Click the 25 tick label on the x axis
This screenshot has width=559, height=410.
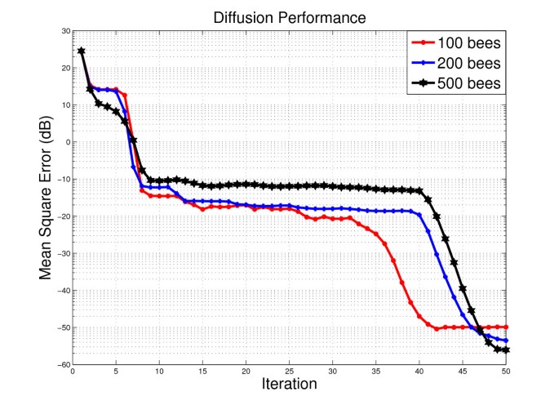pos(289,373)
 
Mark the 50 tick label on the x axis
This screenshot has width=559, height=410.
pos(505,373)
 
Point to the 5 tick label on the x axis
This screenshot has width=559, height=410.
pos(116,373)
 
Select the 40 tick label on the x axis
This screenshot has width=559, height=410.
pos(419,373)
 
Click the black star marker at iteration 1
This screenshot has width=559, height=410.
pos(82,51)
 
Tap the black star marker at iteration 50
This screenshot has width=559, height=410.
pos(506,350)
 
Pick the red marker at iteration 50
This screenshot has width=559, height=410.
pos(506,327)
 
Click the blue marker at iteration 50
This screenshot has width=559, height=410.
pos(506,341)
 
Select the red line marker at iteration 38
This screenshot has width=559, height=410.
pos(402,282)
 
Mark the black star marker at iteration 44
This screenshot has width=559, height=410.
pos(454,263)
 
